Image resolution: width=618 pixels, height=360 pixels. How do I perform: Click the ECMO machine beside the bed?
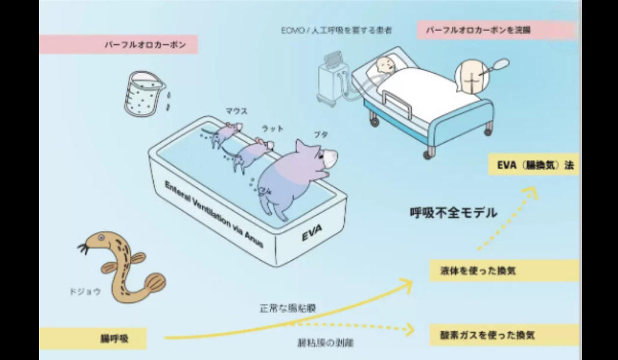pos(331,81)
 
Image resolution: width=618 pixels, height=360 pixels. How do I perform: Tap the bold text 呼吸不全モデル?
pos(453,212)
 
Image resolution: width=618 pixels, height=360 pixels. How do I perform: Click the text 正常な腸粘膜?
pos(288,308)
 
